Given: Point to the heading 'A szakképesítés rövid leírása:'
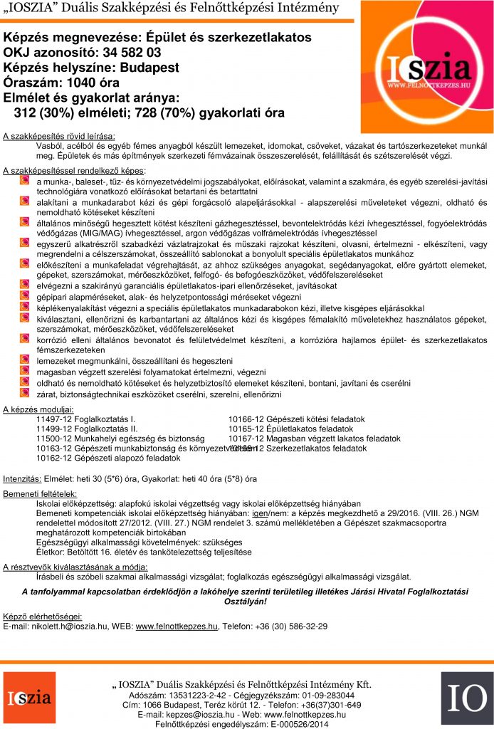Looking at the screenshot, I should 59,135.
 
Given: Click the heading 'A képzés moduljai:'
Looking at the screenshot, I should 38,409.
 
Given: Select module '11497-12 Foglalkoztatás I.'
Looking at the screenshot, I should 85,419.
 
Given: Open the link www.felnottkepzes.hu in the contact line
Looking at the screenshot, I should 177,626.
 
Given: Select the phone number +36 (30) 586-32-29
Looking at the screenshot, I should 291,626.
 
